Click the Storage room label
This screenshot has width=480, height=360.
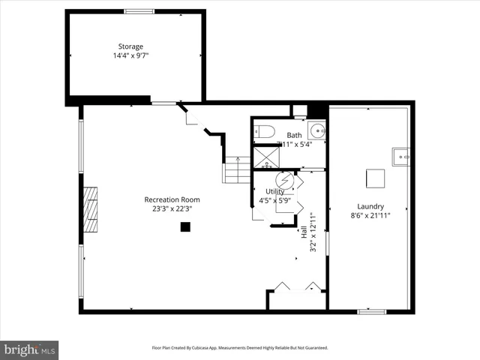(135, 46)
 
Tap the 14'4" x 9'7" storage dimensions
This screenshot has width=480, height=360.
(135, 55)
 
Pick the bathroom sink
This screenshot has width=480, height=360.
(318, 132)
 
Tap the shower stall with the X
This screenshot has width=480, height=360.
(264, 157)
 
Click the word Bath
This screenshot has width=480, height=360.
(294, 136)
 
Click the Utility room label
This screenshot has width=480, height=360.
(275, 192)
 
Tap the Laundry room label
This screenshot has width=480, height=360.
(370, 206)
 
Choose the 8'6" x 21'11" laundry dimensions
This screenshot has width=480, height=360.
(370, 215)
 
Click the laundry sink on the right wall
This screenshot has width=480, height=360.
(403, 157)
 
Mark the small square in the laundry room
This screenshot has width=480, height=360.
(375, 178)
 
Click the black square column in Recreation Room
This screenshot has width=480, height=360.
(185, 226)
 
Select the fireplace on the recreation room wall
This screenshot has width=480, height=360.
(90, 211)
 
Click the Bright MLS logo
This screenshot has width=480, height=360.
(29, 349)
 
